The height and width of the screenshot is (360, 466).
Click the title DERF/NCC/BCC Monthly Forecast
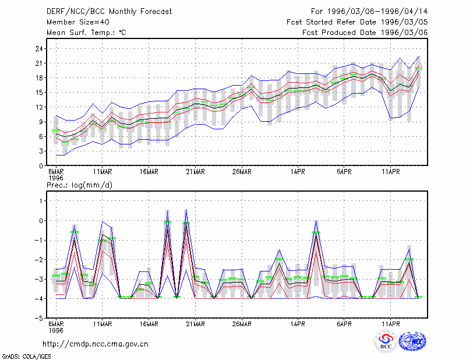point(109,12)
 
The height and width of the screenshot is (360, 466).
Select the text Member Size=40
point(78,22)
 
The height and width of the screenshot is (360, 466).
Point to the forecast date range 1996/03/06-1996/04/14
point(369,12)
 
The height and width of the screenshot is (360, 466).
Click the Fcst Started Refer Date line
point(357,22)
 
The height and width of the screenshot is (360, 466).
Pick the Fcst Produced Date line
point(365,33)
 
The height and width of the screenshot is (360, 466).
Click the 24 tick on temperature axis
point(39,49)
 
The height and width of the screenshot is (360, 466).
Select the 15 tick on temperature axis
point(39,93)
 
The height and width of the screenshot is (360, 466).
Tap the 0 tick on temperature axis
point(41,166)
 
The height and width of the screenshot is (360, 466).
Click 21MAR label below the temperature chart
point(195,172)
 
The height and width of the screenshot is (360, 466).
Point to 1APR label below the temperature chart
point(298,172)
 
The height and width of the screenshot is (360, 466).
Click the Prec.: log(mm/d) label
point(79,185)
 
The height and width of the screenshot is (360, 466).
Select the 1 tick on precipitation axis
point(41,201)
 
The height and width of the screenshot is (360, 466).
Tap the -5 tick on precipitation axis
point(39,319)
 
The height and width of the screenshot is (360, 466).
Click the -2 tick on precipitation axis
point(39,260)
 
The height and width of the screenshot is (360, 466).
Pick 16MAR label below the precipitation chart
point(149,324)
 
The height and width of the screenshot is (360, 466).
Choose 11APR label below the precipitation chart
point(390,324)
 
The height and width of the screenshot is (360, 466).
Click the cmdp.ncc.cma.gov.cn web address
point(96,344)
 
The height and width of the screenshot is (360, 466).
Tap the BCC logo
point(386,341)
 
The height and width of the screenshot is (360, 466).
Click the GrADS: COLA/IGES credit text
point(26,357)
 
